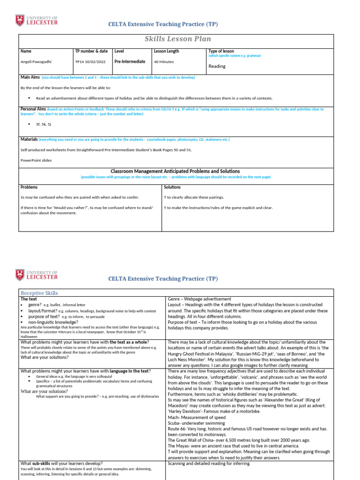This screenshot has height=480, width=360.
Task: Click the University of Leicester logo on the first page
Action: point(37,20)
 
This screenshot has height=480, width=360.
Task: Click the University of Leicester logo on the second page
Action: point(37,275)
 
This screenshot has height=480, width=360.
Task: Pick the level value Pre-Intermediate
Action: point(130,61)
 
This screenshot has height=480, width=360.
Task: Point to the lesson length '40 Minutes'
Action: point(164,61)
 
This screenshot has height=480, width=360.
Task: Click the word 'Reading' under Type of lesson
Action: point(217,66)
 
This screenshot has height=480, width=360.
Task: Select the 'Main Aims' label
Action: point(30,77)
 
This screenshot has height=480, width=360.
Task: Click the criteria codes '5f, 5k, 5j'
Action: point(45,124)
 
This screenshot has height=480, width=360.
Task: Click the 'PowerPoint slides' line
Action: point(36,160)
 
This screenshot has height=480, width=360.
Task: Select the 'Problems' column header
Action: point(30,187)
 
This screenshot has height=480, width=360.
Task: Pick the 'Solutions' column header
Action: point(172,187)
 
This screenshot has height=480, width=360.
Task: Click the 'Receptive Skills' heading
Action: point(39,293)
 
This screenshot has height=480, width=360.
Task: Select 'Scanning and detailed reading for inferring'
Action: point(209,464)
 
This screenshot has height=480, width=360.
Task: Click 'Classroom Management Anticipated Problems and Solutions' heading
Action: point(175,171)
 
